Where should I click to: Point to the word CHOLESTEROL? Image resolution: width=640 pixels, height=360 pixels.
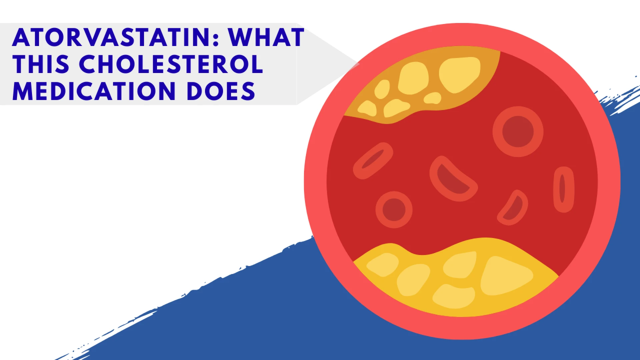[171, 64]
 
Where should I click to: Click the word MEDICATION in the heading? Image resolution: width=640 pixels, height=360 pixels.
[94, 91]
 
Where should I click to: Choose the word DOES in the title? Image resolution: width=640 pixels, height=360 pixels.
[221, 91]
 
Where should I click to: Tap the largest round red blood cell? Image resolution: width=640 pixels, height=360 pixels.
[518, 132]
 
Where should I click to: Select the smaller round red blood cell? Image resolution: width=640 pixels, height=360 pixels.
[394, 210]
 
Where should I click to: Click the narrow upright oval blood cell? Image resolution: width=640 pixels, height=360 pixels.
[563, 189]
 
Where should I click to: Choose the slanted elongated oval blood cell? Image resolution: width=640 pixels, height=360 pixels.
[373, 160]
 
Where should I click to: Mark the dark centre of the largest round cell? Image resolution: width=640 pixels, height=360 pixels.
[518, 132]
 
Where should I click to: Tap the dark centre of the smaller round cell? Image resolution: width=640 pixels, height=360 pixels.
[394, 210]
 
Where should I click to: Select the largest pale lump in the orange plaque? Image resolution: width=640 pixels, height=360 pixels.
[459, 74]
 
